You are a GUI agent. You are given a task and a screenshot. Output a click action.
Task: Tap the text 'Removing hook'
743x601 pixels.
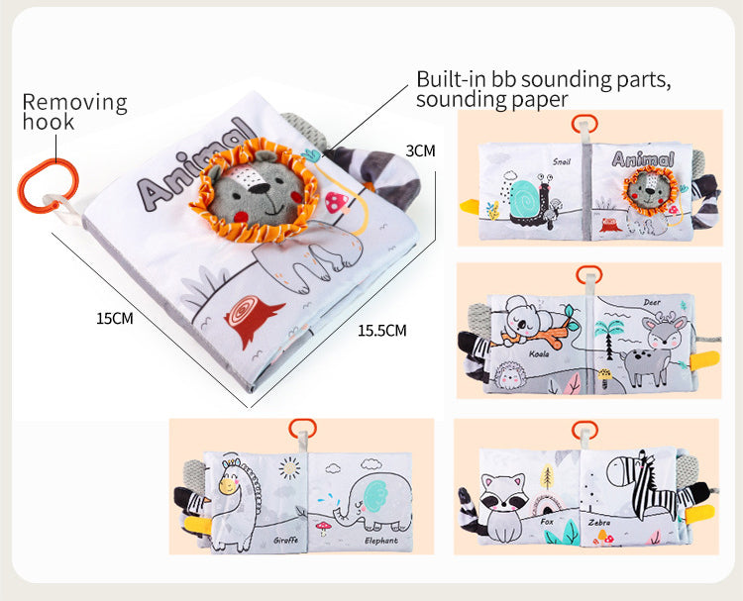coord(74,112)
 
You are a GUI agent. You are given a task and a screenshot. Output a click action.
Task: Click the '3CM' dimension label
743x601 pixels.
coord(420,151)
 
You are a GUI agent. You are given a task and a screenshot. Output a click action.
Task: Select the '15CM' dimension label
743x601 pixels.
coord(114,319)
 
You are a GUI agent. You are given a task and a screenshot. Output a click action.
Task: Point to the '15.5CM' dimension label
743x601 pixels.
coord(382,331)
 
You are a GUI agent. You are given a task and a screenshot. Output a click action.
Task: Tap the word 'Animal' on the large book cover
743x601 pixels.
coord(193,168)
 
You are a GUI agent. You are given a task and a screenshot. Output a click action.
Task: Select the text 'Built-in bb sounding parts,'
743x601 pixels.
coord(544,79)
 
